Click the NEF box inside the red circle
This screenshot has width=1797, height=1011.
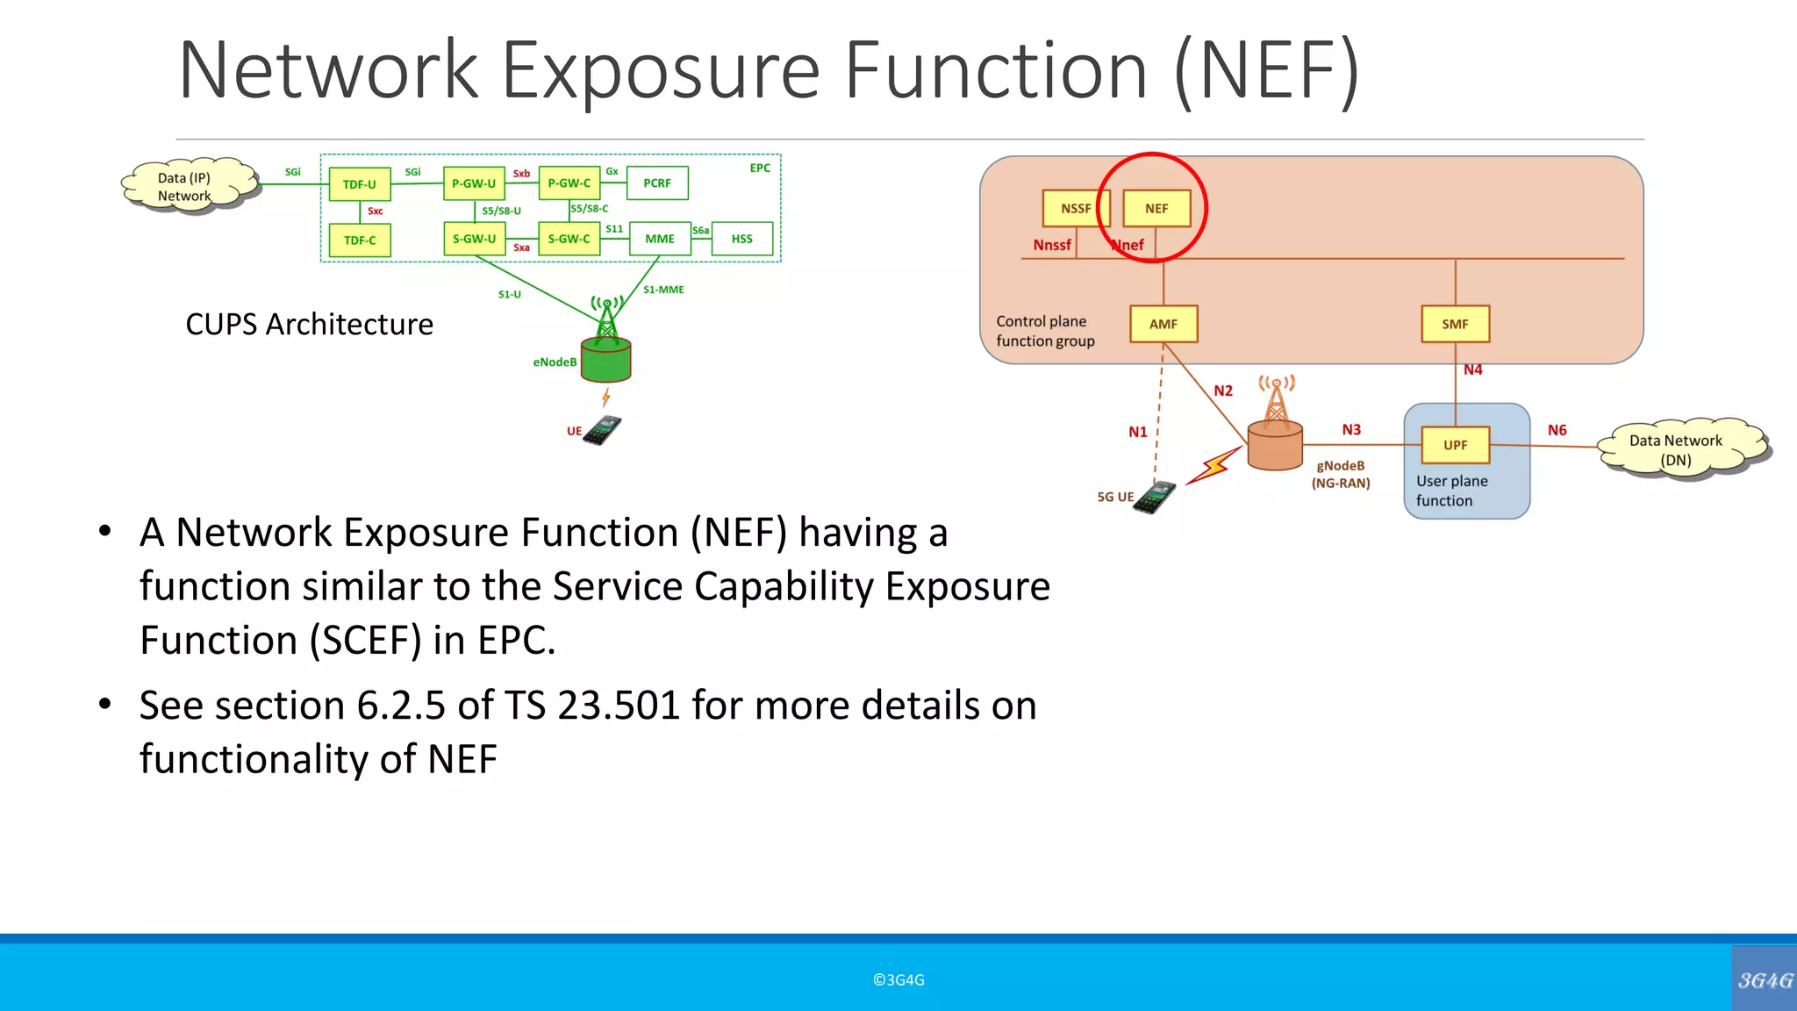1156,209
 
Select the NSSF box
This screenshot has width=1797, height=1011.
1076,209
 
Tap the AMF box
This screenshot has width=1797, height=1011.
1163,324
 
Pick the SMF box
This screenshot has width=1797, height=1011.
1455,324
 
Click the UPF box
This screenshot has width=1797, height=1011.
1455,445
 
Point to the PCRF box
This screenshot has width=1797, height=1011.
657,183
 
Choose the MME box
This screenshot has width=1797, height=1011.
660,239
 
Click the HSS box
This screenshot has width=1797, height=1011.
742,239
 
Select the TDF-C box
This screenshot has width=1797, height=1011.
360,240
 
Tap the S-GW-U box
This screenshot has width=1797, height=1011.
474,239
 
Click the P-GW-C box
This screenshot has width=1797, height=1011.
569,183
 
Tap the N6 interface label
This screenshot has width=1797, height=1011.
1557,430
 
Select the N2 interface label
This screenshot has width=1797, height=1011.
1223,391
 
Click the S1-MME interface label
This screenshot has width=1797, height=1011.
663,290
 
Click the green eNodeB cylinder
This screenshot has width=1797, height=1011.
606,360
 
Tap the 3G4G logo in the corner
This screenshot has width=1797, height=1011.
1765,980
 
